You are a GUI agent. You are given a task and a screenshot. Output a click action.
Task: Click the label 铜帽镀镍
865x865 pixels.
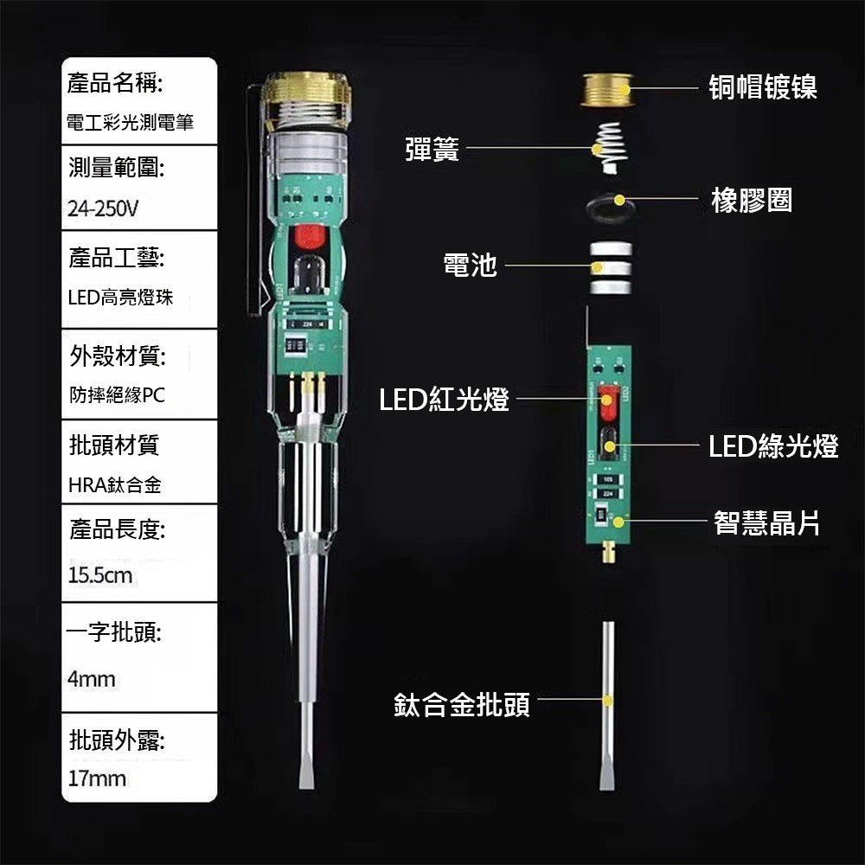tap(763, 87)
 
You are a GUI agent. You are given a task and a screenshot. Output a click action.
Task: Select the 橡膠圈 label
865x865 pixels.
tap(751, 201)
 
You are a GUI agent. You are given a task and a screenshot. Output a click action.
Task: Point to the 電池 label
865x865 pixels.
tap(470, 266)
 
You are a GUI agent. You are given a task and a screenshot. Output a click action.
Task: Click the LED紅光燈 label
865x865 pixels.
tap(444, 400)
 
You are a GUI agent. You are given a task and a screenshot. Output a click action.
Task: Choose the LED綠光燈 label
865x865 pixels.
tap(773, 446)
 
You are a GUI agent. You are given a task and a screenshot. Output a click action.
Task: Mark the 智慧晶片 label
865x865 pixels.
tap(766, 522)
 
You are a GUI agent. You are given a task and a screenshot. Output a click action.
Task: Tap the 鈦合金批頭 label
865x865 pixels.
tap(462, 704)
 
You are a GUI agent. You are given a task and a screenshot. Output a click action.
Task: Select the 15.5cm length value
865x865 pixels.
tap(99, 574)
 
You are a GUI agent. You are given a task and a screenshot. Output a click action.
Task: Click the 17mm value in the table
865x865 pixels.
tap(97, 778)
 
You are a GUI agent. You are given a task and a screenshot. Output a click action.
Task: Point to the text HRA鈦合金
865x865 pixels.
tap(115, 485)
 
